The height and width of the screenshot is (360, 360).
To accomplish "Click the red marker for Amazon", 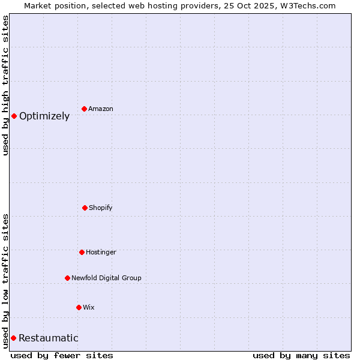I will [84, 109].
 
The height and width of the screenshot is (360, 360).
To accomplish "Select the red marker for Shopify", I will [85, 208].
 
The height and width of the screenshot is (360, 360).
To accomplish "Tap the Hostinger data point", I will [82, 252].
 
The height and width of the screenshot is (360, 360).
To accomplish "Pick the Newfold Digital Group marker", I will [67, 278].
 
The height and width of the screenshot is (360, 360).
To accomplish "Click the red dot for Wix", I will [79, 307].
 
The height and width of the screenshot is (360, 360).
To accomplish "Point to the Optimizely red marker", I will [14, 116].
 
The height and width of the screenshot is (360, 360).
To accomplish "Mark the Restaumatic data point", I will [13, 338].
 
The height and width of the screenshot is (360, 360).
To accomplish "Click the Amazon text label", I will [101, 109].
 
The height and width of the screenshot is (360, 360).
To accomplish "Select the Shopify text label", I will [101, 208].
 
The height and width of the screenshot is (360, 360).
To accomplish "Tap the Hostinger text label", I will [101, 252].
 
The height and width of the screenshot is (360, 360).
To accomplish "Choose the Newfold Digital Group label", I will [106, 278].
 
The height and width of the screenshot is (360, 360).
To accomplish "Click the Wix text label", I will [89, 307].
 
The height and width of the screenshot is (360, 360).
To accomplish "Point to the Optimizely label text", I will [44, 116].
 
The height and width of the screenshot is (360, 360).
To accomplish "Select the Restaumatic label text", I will [49, 338].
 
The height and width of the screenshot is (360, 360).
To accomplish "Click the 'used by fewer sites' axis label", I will [62, 355].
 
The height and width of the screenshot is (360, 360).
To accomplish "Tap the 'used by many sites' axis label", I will [301, 355].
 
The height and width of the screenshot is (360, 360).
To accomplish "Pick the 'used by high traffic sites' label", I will [5, 85].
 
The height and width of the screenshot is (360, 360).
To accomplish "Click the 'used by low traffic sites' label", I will [5, 281].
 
